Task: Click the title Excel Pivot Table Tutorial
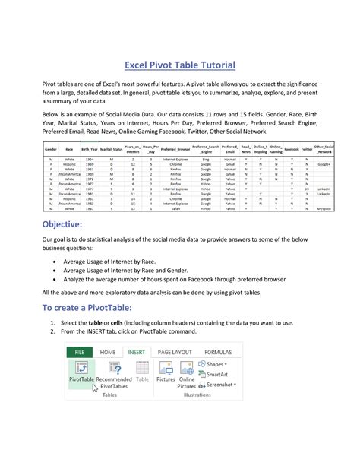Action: click(x=180, y=65)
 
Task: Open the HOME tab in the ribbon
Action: click(x=109, y=352)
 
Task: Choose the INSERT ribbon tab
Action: click(x=136, y=352)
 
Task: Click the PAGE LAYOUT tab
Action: click(x=175, y=352)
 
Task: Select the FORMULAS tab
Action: click(x=219, y=352)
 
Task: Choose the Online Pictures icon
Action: click(x=187, y=368)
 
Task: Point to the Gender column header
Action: click(x=47, y=151)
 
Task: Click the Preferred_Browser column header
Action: click(x=175, y=151)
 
